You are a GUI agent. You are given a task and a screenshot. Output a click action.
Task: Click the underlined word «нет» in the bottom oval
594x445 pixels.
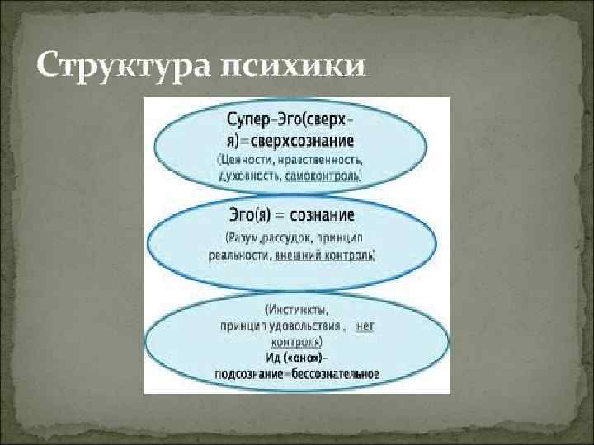pyautogui.click(x=365, y=326)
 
